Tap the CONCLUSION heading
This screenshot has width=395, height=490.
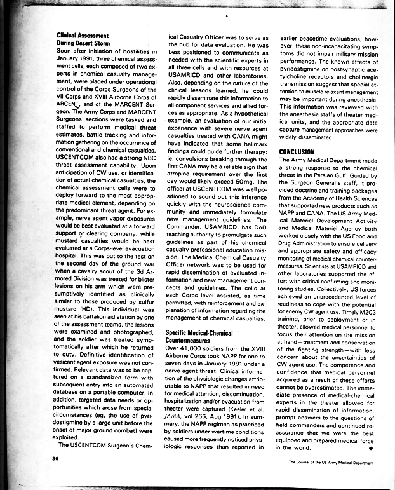pyautogui.click(x=298, y=152)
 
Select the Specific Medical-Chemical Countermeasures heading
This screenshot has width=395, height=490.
pyautogui.click(x=198, y=337)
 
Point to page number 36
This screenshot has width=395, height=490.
pyautogui.click(x=56, y=458)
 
